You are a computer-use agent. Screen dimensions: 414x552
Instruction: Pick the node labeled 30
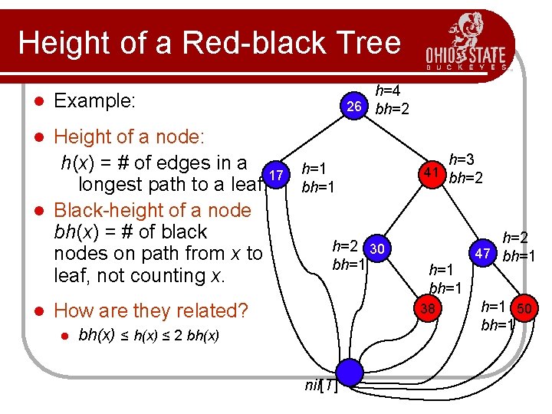point(376,248)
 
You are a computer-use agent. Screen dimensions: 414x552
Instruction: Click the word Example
point(95,100)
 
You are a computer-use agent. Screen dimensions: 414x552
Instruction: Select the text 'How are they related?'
point(152,310)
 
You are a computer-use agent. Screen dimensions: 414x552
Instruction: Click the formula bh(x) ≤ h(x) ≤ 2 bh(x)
point(149,336)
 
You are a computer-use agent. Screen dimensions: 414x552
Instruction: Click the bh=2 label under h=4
point(392,109)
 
